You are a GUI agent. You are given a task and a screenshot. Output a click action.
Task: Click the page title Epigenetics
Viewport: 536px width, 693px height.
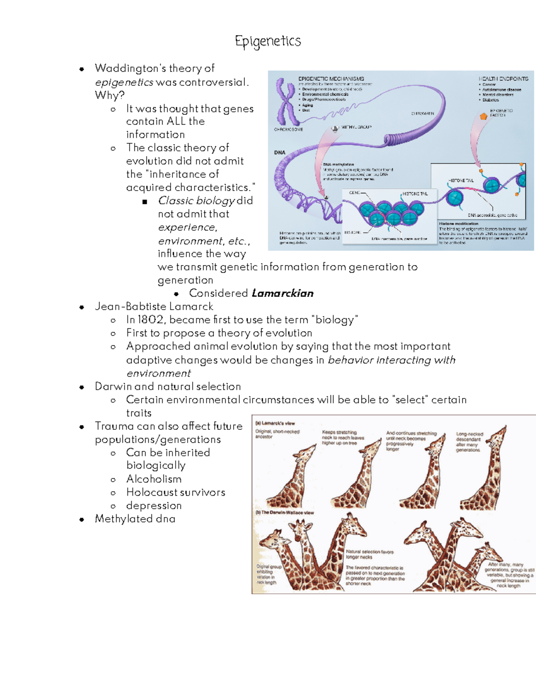point(268,41)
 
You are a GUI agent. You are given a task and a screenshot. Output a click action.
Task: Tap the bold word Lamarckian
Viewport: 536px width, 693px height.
point(282,293)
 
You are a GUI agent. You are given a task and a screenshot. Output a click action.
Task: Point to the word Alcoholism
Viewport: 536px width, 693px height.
point(154,479)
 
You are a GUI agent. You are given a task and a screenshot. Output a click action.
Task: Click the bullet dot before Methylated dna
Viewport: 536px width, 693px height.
point(82,519)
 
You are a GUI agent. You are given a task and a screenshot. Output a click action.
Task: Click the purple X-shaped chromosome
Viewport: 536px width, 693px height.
point(286,102)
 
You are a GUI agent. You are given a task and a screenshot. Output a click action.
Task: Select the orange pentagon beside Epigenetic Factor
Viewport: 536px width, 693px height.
point(483,116)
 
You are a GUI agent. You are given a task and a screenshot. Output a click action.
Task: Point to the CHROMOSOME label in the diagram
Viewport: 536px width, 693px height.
point(288,129)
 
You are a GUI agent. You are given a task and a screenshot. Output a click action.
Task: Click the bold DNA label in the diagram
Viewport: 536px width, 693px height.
point(280,153)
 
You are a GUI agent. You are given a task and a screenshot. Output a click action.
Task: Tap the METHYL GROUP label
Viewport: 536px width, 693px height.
point(356,127)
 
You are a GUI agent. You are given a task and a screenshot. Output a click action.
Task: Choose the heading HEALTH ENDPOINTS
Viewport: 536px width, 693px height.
point(503,79)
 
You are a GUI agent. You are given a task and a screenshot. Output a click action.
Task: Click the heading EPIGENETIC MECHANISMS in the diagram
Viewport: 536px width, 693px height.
point(331,79)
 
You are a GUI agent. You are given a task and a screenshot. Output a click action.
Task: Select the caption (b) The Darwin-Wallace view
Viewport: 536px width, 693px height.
point(285,513)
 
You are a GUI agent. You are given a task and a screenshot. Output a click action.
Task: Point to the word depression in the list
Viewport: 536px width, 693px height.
point(154,506)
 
